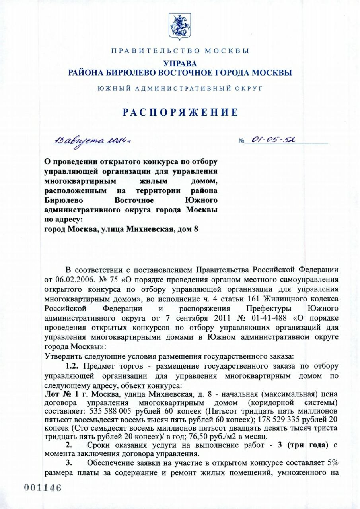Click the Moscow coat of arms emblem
180,26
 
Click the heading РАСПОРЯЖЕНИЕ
180,112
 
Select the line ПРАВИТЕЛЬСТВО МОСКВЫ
180,51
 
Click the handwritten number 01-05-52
272,140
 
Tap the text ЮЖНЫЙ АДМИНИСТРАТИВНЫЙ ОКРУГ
180,88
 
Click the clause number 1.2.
73,365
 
